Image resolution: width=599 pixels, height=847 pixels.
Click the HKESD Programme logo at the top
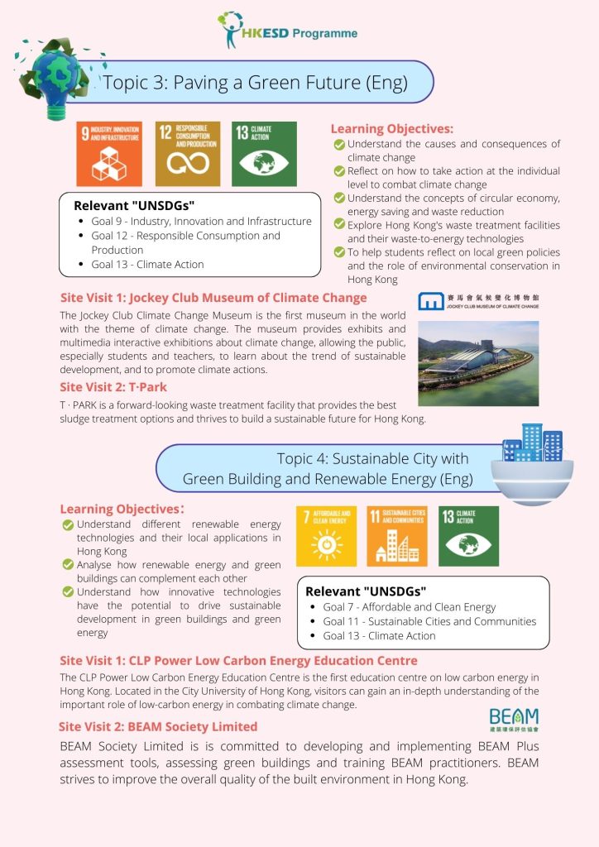(287, 31)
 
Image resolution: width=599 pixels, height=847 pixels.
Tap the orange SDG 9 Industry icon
(108, 154)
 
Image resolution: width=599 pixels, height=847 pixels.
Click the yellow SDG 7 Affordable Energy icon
(326, 536)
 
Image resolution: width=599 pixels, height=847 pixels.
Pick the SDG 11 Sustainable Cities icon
(397, 536)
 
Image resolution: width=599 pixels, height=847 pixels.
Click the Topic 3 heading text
(255, 82)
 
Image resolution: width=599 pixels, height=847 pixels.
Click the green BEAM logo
(513, 718)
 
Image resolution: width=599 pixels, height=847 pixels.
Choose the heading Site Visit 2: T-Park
(114, 386)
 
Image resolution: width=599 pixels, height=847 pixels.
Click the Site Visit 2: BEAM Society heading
(158, 726)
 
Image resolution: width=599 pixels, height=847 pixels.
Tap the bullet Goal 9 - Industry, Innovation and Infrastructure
(201, 221)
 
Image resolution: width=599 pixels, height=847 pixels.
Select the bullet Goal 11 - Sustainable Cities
(429, 621)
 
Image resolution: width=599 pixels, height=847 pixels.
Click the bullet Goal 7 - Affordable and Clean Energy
(409, 607)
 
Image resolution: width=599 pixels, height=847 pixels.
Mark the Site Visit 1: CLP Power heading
(238, 660)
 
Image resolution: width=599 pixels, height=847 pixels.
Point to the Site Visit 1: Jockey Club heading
(213, 298)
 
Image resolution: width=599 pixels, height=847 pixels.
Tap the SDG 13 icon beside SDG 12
(263, 154)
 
